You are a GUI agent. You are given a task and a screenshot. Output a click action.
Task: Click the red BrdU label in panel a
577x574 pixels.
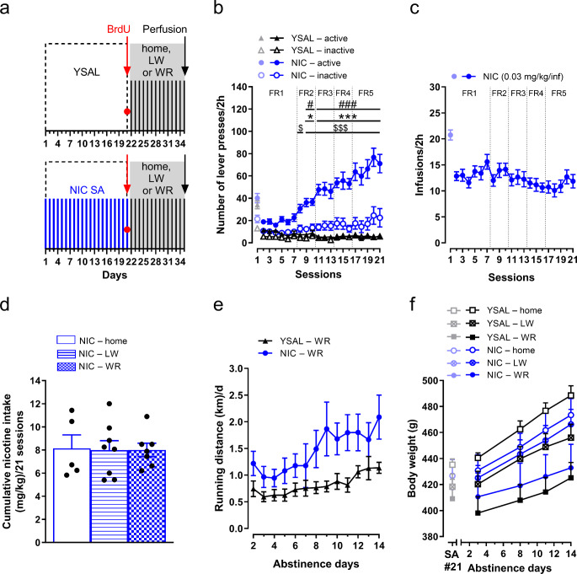click(119, 30)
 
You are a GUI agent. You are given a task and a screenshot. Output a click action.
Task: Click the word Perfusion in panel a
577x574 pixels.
click(164, 30)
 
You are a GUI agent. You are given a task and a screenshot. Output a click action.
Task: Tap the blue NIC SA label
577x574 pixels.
click(87, 190)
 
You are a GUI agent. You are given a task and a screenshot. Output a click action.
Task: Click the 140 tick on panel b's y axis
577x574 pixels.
click(239, 88)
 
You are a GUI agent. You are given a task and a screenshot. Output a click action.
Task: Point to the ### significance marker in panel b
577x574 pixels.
click(347, 105)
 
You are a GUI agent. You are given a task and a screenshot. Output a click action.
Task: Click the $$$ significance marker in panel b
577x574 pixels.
click(340, 128)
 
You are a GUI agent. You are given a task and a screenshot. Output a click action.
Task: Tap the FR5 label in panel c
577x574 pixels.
click(558, 94)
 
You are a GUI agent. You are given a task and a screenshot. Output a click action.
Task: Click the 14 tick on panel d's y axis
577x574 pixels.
click(35, 381)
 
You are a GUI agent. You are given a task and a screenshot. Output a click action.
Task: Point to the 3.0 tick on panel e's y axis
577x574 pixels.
click(237, 368)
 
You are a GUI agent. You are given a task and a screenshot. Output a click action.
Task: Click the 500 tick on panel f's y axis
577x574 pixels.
click(430, 381)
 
